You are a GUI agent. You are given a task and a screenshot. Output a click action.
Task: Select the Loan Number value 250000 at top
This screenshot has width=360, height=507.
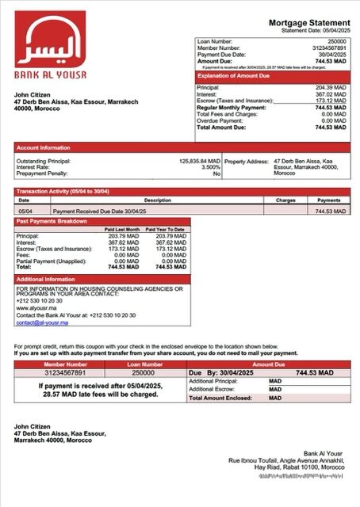click(x=336, y=40)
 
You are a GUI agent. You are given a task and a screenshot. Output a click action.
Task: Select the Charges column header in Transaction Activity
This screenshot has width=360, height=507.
click(x=285, y=200)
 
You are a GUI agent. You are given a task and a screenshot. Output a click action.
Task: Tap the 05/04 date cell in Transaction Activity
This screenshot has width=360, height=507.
click(x=24, y=212)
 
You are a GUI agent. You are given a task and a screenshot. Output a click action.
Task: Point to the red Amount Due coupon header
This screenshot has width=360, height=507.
click(x=268, y=364)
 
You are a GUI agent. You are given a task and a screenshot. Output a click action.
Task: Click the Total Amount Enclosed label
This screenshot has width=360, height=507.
click(x=224, y=398)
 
